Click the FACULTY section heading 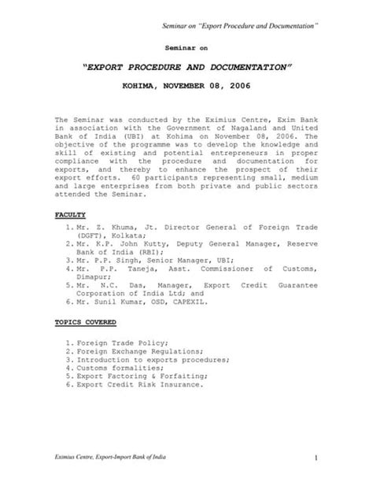coord(69,214)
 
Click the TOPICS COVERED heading coord(85,322)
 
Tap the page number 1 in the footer coord(313,458)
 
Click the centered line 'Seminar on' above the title coord(186,48)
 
